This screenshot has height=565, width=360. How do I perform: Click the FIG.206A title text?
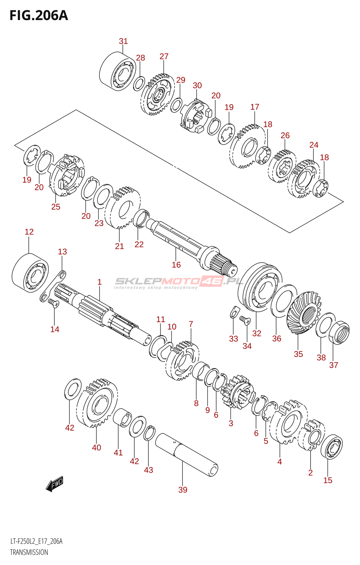point(39,16)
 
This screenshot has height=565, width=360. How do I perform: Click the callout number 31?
point(123,41)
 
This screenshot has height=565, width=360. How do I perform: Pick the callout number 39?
point(183,490)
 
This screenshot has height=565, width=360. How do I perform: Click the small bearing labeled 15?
point(331,447)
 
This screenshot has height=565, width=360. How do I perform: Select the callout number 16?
point(176,265)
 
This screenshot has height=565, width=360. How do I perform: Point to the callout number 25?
point(56,207)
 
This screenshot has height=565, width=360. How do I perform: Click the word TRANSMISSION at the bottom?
point(29,552)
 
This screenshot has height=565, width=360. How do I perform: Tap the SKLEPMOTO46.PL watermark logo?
point(179,282)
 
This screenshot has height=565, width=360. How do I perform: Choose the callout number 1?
point(100,282)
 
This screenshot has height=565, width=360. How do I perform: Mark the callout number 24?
point(314,145)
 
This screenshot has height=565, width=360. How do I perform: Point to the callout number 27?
point(164,56)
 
